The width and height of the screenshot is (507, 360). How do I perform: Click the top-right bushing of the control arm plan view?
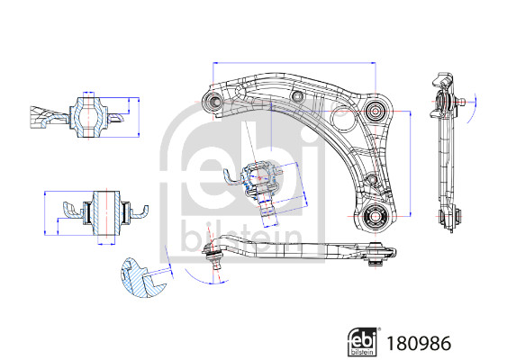pos(376,109)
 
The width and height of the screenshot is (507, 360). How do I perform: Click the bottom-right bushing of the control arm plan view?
pos(376,215)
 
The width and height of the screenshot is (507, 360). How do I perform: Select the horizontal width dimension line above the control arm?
pos(293,63)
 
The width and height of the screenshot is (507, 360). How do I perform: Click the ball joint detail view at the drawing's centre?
pos(261,180)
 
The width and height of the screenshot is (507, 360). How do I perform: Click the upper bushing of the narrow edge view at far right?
pos(442,103)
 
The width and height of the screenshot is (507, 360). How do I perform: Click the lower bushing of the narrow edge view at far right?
pos(448,217)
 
